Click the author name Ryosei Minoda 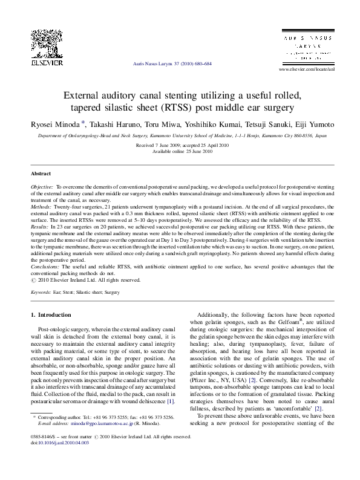(56, 124)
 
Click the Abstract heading (41, 173)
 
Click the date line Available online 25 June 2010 (180, 151)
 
